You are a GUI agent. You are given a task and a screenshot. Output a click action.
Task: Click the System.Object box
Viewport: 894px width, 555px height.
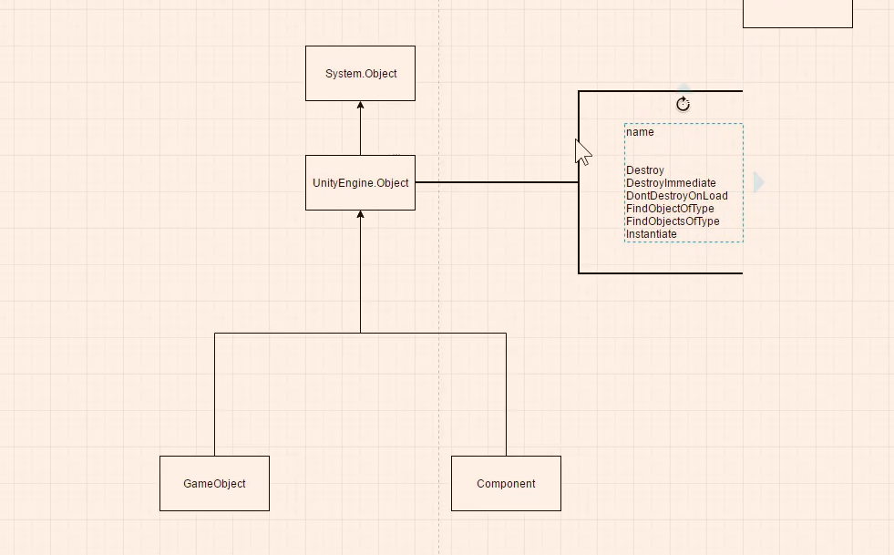click(x=360, y=74)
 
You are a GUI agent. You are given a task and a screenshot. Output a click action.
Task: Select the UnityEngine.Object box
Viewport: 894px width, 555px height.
click(x=360, y=182)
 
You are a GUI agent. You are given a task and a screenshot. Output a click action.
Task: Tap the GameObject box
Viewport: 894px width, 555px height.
click(x=214, y=483)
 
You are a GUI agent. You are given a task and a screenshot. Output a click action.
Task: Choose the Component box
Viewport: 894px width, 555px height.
click(x=507, y=483)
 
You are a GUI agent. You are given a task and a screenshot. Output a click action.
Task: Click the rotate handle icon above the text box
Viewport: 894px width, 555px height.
click(x=683, y=105)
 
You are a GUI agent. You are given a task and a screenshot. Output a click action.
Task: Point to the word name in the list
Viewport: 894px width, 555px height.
click(x=640, y=132)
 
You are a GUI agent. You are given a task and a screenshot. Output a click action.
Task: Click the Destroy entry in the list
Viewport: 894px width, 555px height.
click(x=645, y=170)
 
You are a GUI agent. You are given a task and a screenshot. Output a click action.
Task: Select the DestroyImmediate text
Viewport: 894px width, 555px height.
click(x=671, y=183)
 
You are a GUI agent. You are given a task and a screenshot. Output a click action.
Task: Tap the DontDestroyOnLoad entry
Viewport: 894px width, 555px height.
click(x=677, y=196)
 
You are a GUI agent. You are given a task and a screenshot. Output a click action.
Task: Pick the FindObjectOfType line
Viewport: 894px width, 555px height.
click(x=670, y=209)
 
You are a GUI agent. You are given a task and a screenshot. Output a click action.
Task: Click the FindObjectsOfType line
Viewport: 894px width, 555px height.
click(x=673, y=221)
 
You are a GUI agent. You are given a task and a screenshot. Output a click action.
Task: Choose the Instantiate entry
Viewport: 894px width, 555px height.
click(x=651, y=234)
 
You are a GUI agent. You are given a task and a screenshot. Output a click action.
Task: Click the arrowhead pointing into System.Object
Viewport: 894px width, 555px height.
click(x=360, y=106)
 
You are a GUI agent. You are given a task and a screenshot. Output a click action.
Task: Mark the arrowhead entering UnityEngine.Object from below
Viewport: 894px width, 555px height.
click(x=360, y=214)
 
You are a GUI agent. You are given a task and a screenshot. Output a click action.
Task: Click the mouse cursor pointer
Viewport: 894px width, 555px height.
click(x=582, y=152)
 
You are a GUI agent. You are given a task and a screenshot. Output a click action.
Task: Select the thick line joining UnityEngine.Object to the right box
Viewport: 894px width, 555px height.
click(x=497, y=182)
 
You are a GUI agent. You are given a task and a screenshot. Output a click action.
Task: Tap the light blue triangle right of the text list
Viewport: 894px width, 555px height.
click(x=758, y=182)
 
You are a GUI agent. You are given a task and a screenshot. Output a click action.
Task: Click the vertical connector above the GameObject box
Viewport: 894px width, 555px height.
click(x=214, y=394)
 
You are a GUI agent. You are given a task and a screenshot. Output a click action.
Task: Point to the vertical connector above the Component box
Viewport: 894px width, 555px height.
click(x=507, y=394)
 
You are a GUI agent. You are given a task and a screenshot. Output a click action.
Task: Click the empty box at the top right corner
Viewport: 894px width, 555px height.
click(x=797, y=14)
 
